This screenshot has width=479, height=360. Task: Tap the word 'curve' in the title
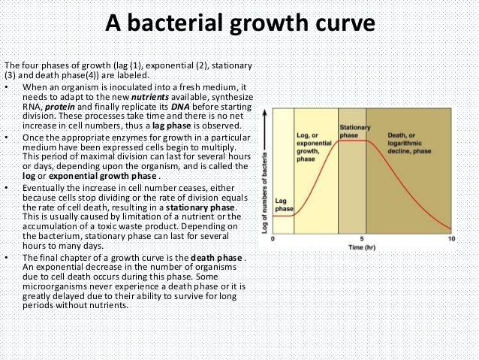[345, 24]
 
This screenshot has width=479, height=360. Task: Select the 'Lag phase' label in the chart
[284, 205]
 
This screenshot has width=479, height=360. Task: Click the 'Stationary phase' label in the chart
[355, 132]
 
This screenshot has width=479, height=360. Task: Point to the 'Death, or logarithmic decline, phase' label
[409, 143]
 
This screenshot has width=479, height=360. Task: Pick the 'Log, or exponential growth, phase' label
[314, 147]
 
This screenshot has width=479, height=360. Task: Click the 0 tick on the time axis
[273, 239]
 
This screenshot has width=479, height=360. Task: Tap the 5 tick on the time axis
[362, 239]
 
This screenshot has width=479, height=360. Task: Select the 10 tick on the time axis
[451, 239]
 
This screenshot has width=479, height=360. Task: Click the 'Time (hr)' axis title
[362, 247]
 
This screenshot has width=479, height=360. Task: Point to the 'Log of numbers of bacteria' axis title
[264, 193]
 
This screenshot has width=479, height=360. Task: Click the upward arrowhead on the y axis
[264, 113]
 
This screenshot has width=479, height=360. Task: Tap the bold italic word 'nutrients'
[150, 97]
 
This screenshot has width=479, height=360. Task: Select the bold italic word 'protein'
[60, 107]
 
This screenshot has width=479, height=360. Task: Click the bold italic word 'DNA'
[180, 107]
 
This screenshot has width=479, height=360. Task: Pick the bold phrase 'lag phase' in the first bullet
[172, 126]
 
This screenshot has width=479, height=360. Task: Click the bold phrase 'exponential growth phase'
[103, 176]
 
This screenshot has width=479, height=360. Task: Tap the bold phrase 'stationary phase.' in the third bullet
[202, 207]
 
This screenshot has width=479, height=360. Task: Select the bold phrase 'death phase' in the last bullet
[216, 258]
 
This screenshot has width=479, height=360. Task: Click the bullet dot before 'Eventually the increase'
[7, 188]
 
